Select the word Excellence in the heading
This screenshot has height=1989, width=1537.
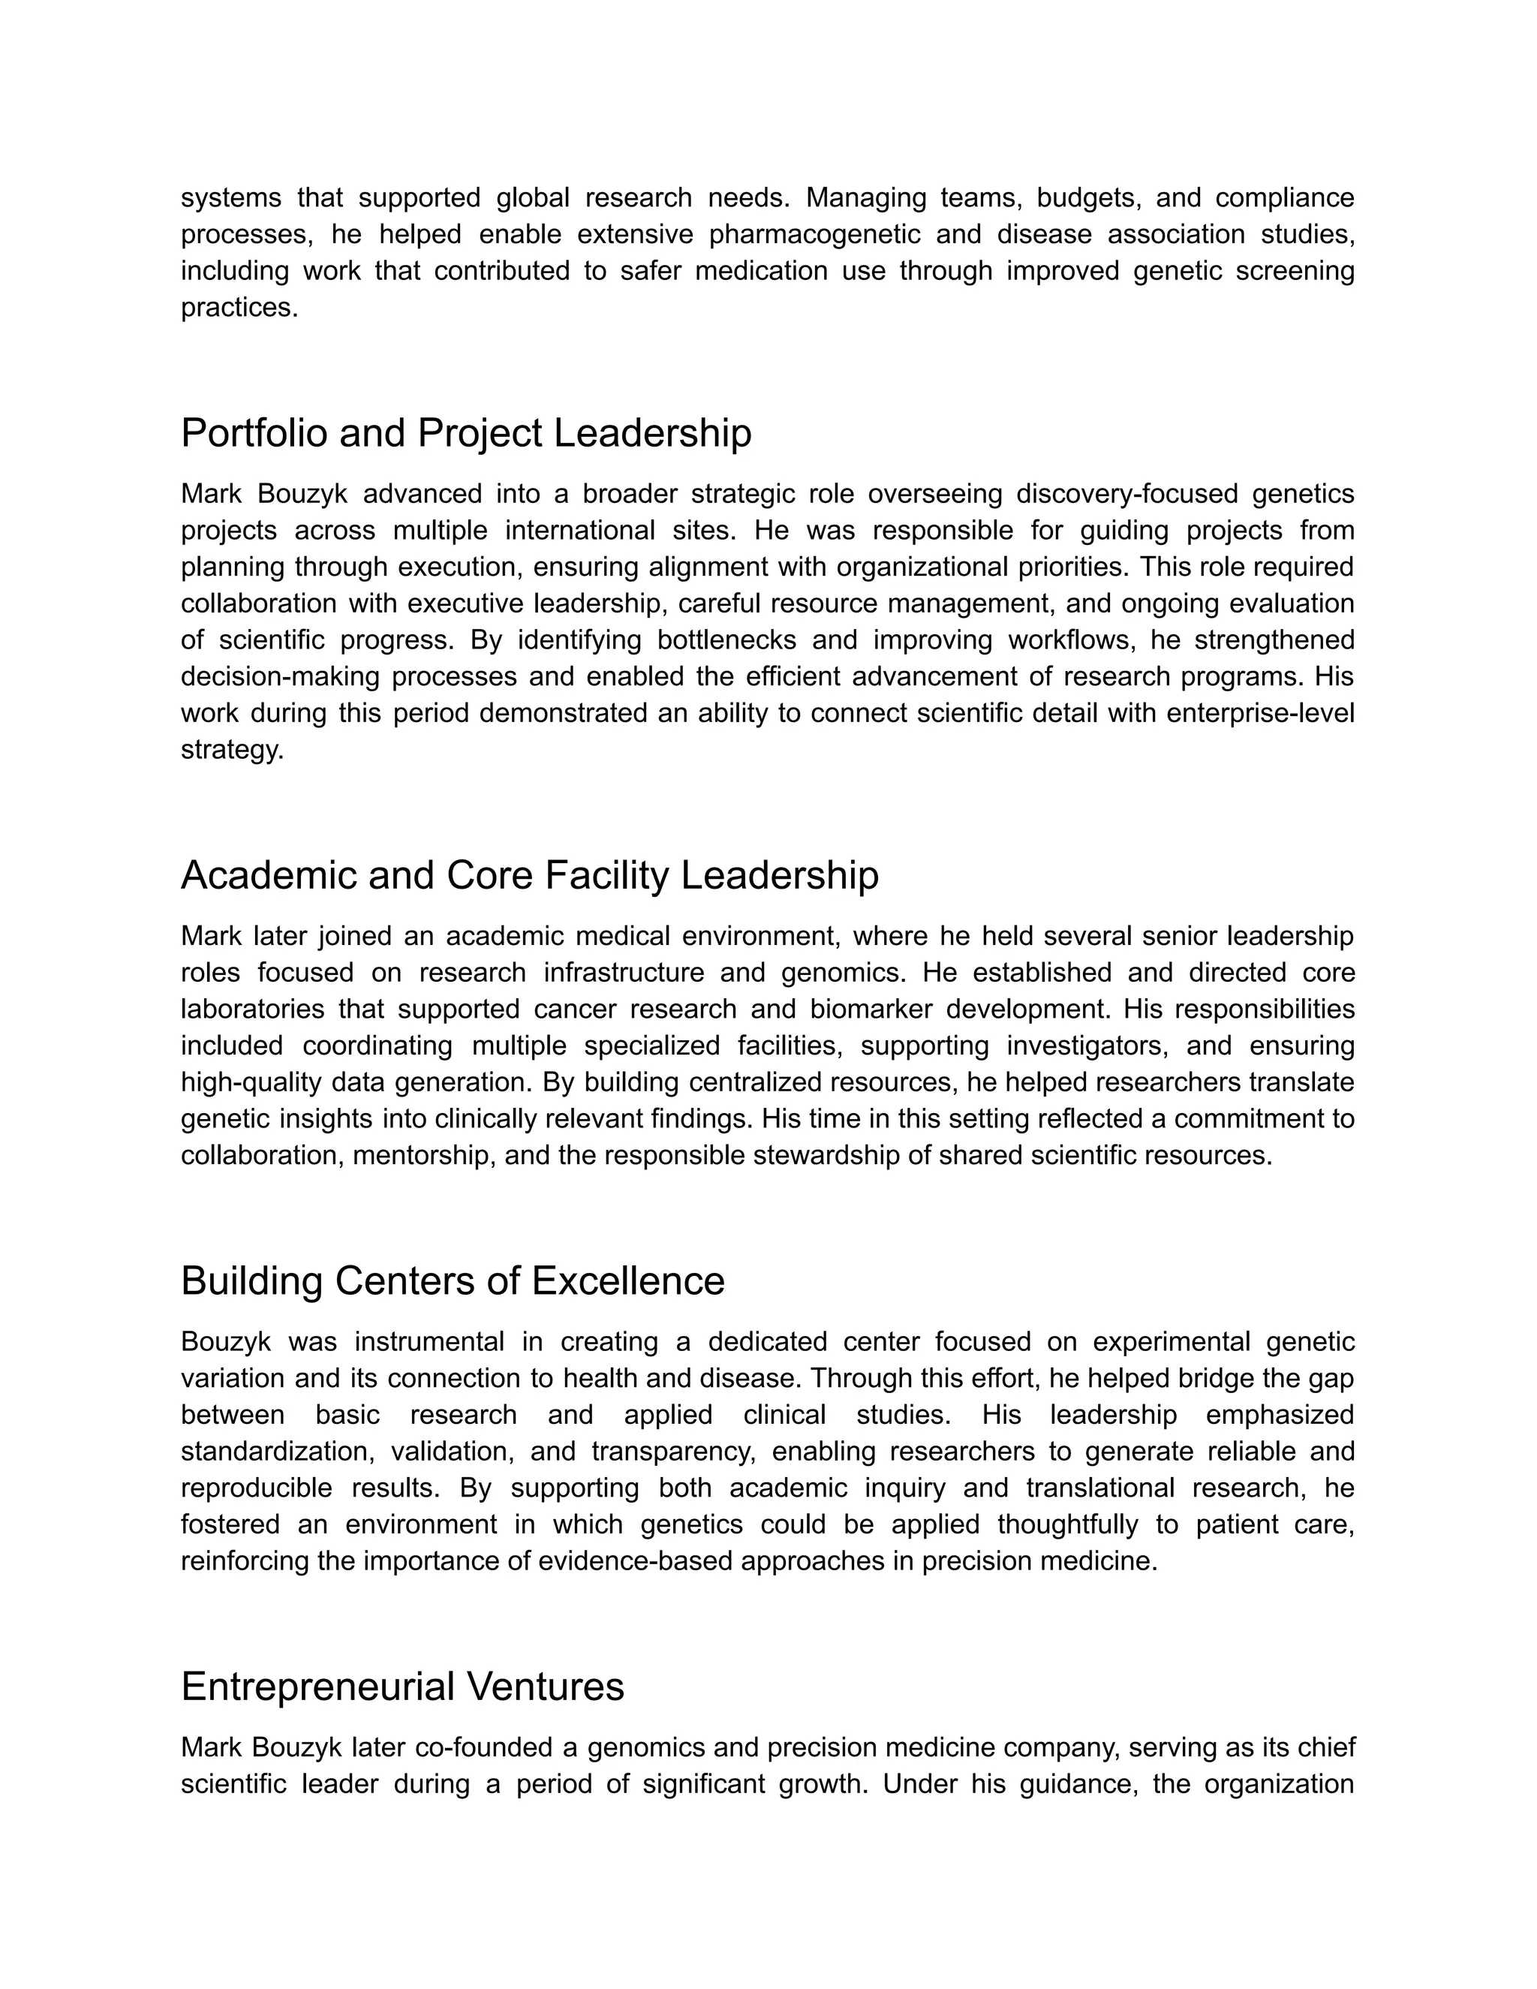point(628,1281)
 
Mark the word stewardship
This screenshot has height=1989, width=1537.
point(846,1156)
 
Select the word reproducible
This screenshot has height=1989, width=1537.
point(256,1488)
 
